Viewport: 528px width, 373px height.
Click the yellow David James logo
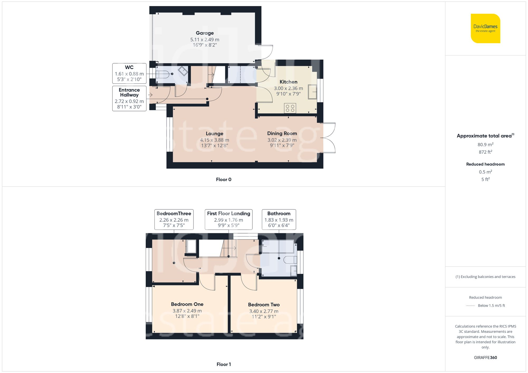485,28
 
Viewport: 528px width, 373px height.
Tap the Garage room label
205,33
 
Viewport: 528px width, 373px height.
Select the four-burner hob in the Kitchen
290,108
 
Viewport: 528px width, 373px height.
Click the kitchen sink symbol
312,92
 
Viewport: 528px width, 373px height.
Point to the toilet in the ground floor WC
163,74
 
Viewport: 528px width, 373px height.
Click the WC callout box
129,73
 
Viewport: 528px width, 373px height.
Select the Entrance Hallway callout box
129,98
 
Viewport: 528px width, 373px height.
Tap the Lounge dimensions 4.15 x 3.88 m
214,140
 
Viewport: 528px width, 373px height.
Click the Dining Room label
282,133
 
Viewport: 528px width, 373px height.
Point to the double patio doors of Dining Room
329,138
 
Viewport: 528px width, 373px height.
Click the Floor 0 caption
223,180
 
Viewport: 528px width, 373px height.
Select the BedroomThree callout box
174,219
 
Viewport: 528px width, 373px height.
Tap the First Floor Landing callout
228,219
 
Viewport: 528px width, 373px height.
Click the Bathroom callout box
279,219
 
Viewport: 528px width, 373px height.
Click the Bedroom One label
187,304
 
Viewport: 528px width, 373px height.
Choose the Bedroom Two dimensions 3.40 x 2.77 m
264,311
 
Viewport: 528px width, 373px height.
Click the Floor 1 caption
223,364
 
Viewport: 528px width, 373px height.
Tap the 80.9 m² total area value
485,144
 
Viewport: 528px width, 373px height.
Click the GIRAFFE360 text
485,357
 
